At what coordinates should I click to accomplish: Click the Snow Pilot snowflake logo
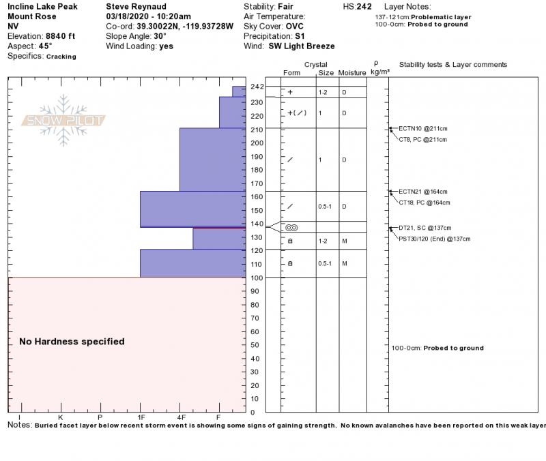click(x=63, y=121)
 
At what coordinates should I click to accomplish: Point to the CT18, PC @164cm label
click(x=424, y=203)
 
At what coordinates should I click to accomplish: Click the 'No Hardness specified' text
click(x=72, y=342)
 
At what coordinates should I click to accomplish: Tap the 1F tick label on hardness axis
click(x=141, y=417)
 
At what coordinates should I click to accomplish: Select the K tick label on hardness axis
click(x=61, y=417)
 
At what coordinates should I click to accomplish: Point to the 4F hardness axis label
click(x=181, y=417)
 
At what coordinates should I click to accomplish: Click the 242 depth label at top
click(x=257, y=87)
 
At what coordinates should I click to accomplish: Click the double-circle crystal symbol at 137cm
click(x=291, y=228)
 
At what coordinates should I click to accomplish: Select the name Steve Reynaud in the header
click(x=136, y=7)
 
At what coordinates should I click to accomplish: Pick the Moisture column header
click(x=352, y=73)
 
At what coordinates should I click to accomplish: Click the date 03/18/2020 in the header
click(x=130, y=16)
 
